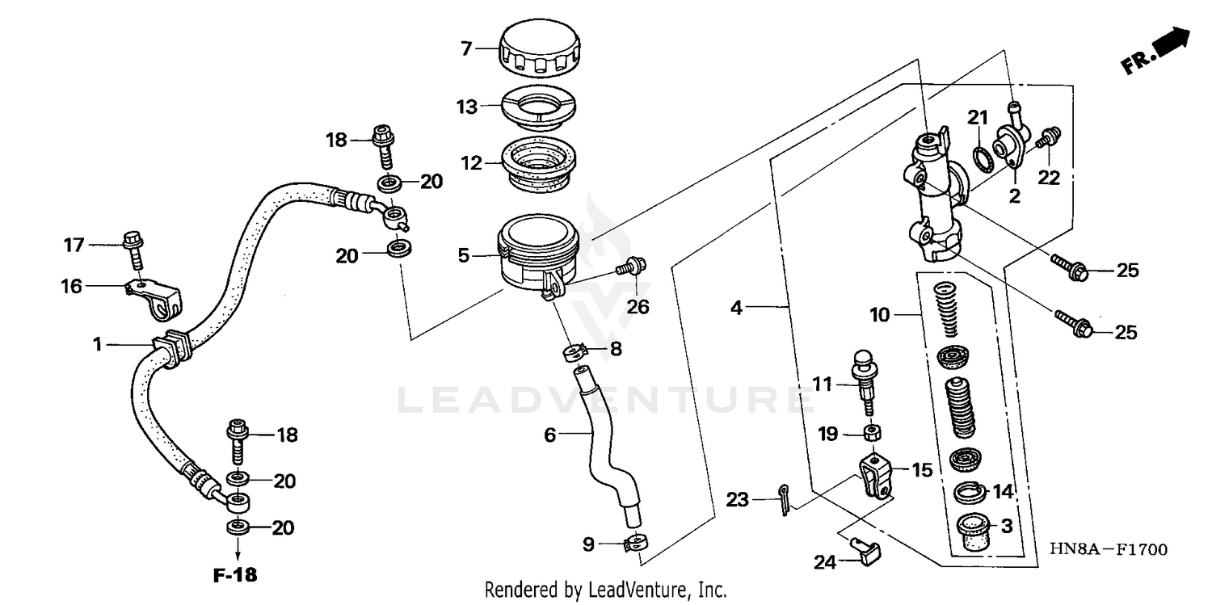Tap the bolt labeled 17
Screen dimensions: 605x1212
tap(133, 249)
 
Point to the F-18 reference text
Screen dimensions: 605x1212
tap(235, 576)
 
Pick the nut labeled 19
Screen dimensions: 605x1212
tap(873, 434)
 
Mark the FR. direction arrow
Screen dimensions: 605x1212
tap(1157, 52)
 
